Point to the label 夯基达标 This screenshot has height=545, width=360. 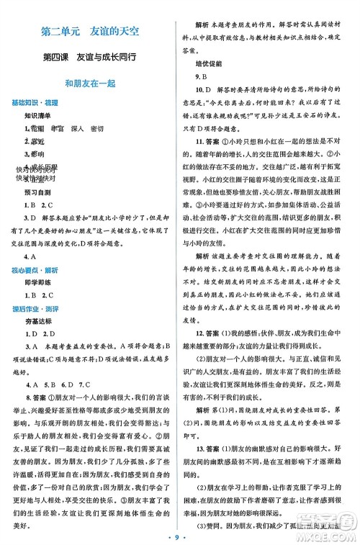pos(37,325)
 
